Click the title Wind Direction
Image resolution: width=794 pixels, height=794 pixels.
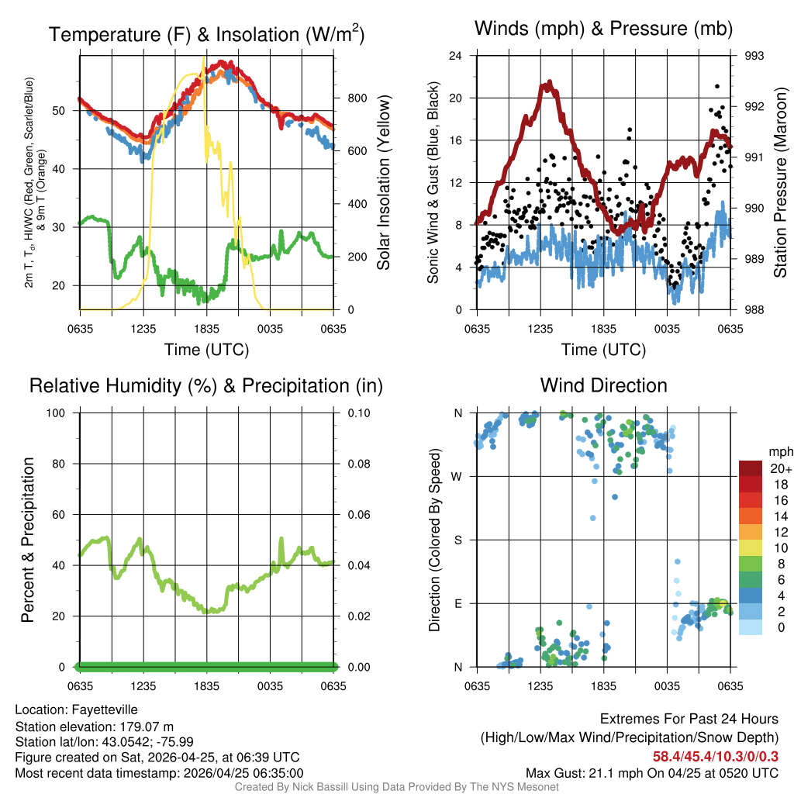coord(603,385)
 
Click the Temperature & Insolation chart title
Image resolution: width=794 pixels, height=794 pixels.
coord(206,35)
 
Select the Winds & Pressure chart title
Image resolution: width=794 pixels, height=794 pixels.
coord(603,29)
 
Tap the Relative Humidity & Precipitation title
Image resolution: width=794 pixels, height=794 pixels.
coord(206,385)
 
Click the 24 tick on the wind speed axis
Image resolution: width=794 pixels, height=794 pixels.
coord(457,56)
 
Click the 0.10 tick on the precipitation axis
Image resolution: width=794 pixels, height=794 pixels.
coord(358,413)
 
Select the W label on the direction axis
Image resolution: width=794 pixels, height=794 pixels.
coord(458,476)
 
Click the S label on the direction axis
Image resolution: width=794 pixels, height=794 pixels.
coord(458,540)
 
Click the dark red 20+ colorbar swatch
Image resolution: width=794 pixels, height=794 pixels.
coord(751,468)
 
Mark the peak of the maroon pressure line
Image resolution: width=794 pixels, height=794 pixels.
coord(550,81)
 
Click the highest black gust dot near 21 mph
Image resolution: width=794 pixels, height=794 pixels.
coord(717,87)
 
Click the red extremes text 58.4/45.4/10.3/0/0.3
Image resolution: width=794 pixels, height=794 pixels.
coord(715,756)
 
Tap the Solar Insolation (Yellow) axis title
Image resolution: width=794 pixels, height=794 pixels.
coord(383,182)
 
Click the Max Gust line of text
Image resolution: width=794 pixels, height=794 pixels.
coord(651,772)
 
